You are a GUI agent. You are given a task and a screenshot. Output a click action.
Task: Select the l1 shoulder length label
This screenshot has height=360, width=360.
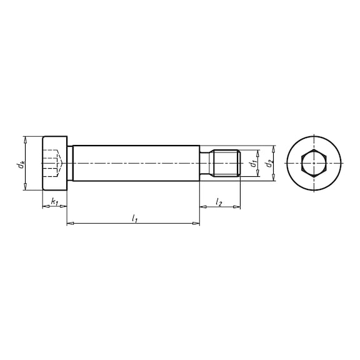click(133, 217)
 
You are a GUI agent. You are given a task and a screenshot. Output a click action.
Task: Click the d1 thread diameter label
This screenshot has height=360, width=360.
click(252, 164)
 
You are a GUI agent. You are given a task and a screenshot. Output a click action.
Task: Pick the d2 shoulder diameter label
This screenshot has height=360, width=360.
click(269, 164)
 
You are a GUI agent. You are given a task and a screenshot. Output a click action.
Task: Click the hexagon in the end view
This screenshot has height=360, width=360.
click(311, 164)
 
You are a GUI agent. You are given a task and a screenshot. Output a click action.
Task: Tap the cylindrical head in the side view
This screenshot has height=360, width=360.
click(54, 164)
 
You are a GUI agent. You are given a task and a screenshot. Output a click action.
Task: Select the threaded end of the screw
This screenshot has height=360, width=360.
click(227, 164)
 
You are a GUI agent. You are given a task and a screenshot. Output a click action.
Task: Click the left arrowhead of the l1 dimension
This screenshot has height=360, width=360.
click(69, 223)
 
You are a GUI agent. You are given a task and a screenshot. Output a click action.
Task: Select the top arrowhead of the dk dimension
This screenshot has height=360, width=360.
click(26, 139)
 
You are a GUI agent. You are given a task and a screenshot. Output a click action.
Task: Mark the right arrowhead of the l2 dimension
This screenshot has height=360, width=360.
click(237, 207)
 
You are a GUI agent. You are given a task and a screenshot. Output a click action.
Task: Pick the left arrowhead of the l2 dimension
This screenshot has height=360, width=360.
click(202, 207)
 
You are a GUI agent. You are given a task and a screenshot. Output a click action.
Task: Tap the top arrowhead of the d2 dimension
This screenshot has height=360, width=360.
click(273, 149)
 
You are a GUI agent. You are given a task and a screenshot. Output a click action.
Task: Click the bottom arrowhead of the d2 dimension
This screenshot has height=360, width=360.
click(273, 179)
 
